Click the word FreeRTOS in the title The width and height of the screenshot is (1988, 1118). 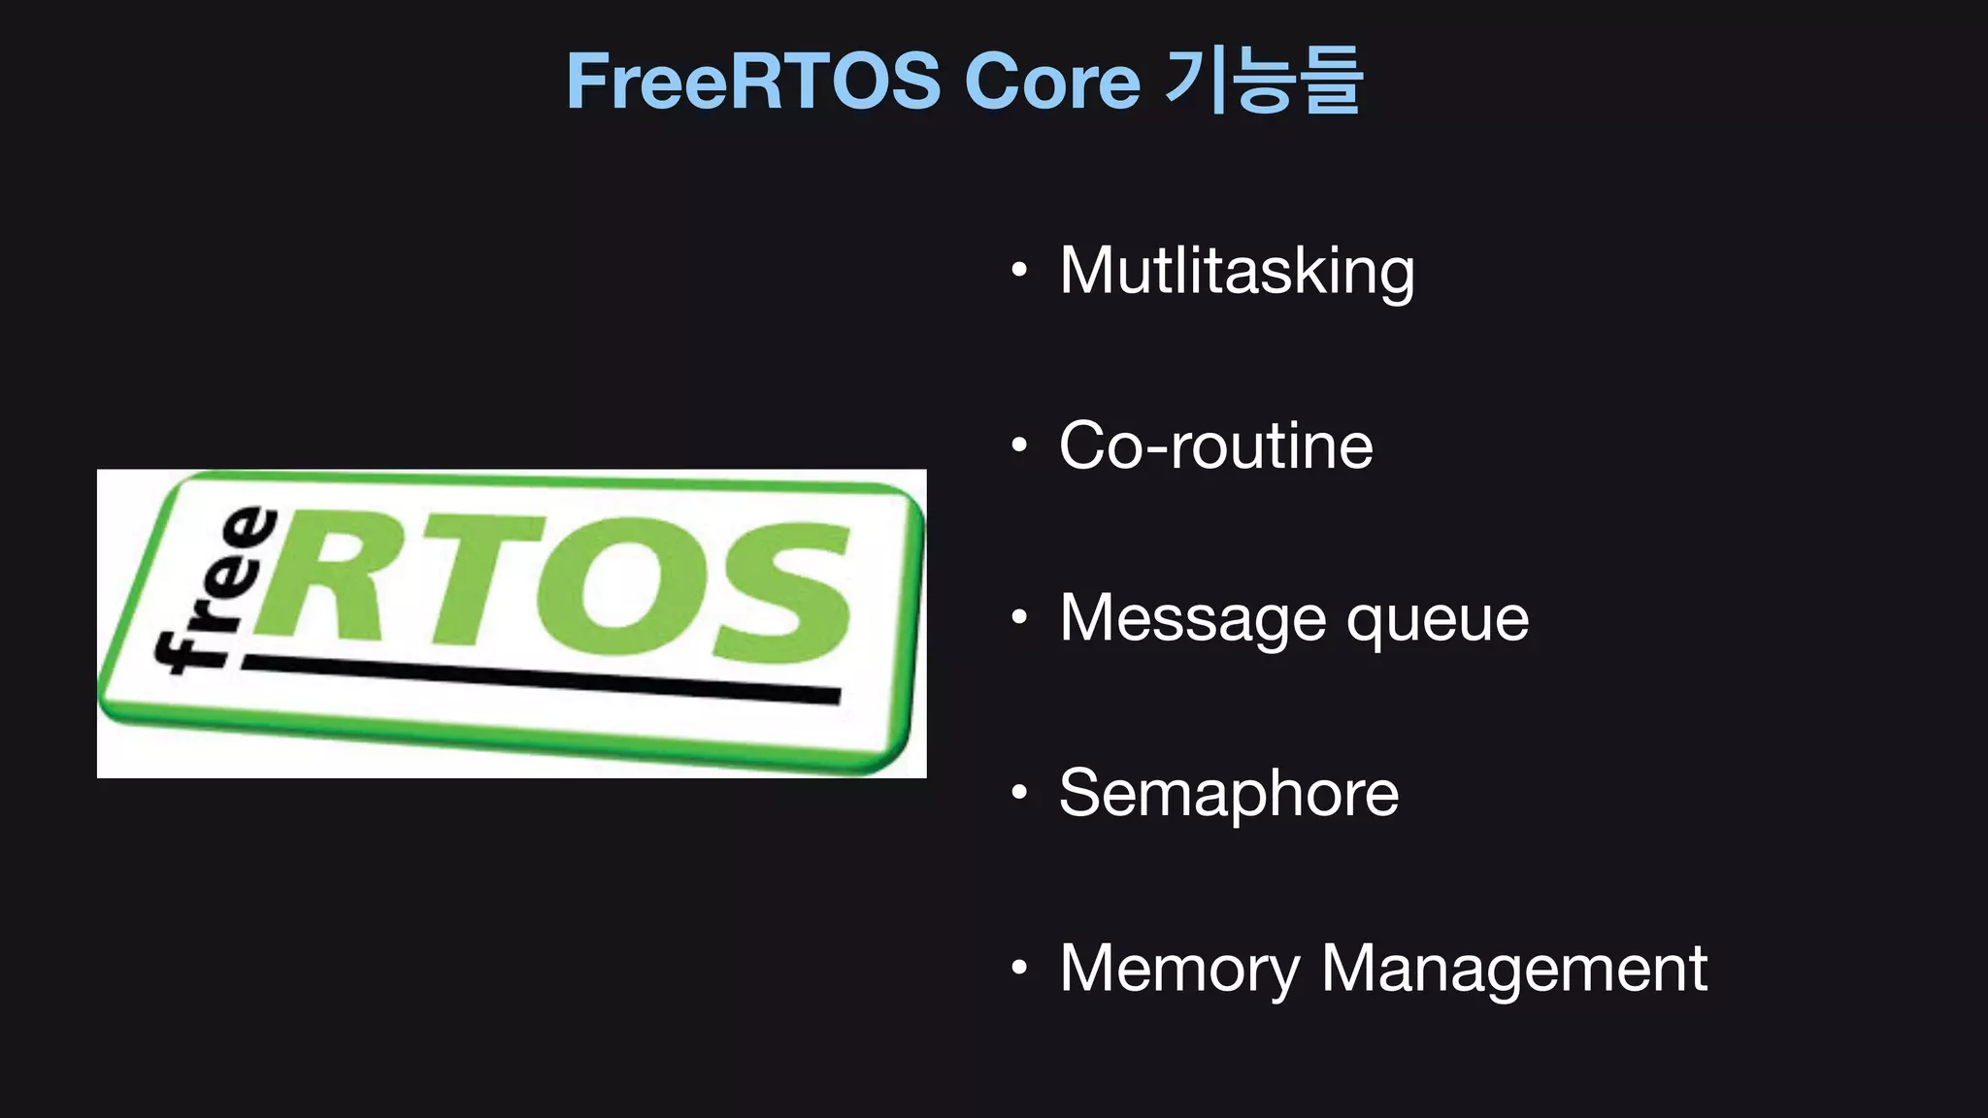[x=752, y=82]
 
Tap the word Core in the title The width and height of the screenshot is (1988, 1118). [x=1051, y=82]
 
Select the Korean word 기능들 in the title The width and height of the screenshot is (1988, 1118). [x=1263, y=82]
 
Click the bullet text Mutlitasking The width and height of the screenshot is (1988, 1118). [x=1237, y=271]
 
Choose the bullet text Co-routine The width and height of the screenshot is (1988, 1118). [x=1215, y=445]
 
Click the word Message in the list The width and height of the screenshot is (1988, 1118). [x=1192, y=618]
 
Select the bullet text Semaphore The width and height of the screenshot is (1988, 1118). [x=1229, y=794]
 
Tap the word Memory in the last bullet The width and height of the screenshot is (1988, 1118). [x=1178, y=969]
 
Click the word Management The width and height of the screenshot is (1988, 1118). [x=1514, y=969]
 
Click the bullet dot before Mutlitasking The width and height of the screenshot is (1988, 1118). [x=1018, y=271]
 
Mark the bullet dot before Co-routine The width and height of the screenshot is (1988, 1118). [x=1018, y=445]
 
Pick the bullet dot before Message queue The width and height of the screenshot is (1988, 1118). [x=1018, y=618]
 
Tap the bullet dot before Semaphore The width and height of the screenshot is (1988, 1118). [x=1018, y=793]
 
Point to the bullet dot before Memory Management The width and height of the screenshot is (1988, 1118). [x=1018, y=968]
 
